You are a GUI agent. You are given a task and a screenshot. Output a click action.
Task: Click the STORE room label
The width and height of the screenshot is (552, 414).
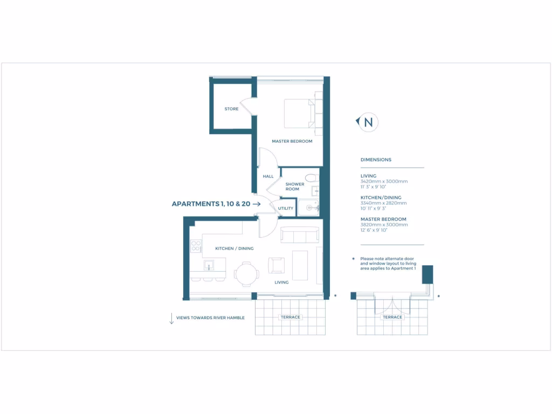click(x=231, y=109)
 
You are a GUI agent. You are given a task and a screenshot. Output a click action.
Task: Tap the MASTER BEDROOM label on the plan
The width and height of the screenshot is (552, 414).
click(x=292, y=142)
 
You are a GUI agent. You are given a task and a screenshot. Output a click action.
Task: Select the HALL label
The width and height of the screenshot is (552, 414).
click(x=268, y=176)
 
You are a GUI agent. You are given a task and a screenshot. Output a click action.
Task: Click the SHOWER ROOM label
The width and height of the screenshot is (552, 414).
click(x=295, y=187)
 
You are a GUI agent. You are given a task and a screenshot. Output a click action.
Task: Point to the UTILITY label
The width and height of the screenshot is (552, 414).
click(x=285, y=208)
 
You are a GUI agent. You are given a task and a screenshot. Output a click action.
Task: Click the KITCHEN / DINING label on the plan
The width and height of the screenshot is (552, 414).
click(x=234, y=249)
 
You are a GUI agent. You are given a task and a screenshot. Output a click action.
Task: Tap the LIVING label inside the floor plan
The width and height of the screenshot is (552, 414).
click(x=281, y=282)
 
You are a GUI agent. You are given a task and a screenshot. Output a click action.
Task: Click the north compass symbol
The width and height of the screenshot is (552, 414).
click(x=368, y=122)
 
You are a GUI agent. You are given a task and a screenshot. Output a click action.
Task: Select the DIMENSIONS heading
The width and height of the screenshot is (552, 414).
click(x=376, y=160)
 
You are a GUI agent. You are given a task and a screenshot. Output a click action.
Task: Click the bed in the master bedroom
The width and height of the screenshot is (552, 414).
click(x=299, y=113)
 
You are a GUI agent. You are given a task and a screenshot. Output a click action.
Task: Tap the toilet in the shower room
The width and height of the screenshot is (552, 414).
click(x=310, y=178)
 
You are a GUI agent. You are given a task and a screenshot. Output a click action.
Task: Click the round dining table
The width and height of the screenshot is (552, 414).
click(x=246, y=273)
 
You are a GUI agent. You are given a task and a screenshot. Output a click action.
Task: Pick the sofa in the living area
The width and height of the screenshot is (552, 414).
click(x=300, y=236)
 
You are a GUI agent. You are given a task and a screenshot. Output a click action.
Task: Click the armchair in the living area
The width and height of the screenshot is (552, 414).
click(x=277, y=265)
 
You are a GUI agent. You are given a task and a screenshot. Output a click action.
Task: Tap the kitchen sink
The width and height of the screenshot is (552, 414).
click(x=208, y=265)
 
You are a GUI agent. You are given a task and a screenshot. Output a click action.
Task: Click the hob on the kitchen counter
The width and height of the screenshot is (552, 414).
click(x=195, y=247)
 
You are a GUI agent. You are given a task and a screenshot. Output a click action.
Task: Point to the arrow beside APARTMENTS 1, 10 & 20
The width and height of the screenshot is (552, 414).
click(x=257, y=204)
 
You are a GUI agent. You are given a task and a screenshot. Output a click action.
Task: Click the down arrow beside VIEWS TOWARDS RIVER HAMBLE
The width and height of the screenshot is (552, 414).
click(x=171, y=318)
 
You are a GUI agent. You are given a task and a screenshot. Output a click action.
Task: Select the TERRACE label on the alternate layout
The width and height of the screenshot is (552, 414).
click(x=392, y=318)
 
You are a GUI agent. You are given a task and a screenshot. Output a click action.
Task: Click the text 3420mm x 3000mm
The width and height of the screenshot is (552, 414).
click(x=384, y=182)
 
